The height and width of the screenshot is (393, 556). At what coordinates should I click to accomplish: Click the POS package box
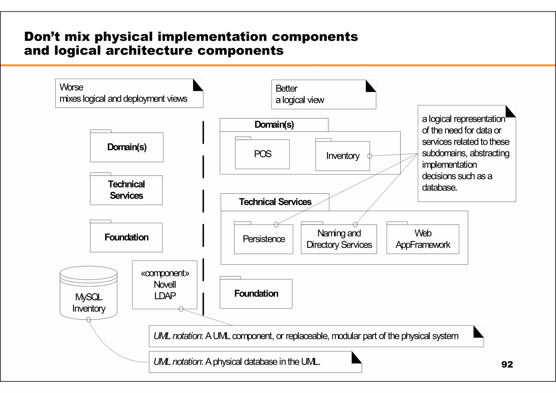262,154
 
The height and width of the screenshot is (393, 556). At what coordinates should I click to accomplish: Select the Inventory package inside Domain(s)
342,156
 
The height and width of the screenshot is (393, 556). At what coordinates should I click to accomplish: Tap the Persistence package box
263,239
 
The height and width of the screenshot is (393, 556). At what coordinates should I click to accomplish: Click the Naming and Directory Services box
339,239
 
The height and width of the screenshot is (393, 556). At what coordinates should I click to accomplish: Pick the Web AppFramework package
423,239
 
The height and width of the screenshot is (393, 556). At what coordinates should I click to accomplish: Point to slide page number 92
507,364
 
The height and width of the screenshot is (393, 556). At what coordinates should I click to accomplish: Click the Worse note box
129,93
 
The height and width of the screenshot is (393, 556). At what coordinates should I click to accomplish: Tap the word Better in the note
286,88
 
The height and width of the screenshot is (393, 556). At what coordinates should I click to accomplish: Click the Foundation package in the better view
256,293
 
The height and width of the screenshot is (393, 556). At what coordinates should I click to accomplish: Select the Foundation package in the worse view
126,237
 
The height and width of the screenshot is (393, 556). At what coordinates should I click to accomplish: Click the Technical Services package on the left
126,190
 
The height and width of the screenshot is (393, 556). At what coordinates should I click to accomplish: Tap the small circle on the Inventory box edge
369,156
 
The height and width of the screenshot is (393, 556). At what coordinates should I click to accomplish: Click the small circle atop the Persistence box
276,224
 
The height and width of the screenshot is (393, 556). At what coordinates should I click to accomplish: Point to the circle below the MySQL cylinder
89,320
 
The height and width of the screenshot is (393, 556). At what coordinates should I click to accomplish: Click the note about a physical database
255,362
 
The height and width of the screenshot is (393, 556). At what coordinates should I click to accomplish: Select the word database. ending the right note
439,188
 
